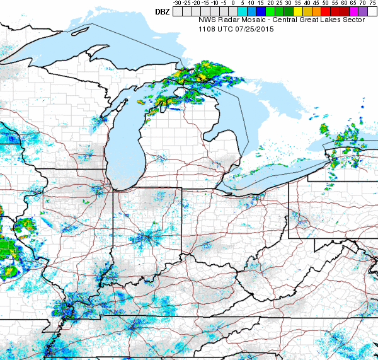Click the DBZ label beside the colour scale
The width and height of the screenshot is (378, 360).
[162, 11]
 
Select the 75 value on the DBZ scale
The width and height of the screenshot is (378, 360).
[372, 3]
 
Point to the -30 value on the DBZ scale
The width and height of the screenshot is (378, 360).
[177, 3]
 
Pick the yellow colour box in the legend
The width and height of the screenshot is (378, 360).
[298, 11]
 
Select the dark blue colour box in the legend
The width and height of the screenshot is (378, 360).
[261, 11]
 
